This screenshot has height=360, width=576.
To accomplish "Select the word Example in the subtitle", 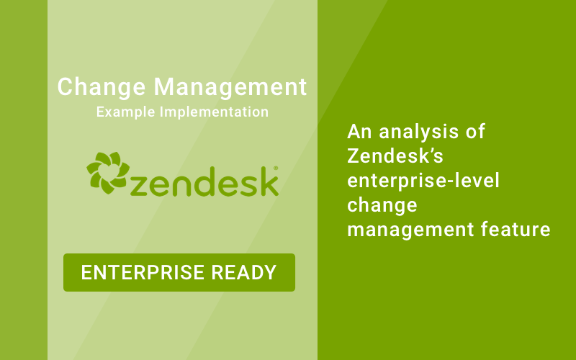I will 124,112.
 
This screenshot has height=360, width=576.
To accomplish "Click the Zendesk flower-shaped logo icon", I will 107,173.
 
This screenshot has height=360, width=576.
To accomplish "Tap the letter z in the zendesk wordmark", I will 143,184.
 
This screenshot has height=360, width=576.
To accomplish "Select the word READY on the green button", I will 247,272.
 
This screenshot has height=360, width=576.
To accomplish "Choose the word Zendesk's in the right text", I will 389,156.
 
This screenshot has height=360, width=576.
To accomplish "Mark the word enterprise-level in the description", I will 423,181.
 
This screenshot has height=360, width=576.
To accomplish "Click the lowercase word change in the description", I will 382,206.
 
